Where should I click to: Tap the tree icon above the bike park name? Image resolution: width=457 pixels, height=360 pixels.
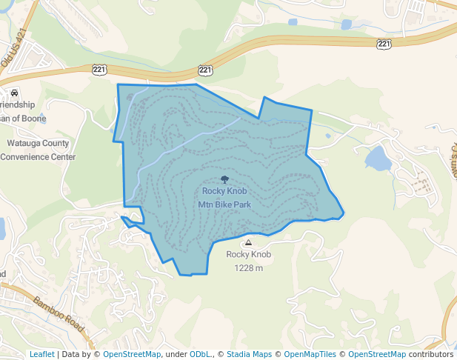click(224, 179)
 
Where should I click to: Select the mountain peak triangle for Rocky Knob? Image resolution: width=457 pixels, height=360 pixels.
click(248, 242)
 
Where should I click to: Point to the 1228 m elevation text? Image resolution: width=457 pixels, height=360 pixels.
click(249, 267)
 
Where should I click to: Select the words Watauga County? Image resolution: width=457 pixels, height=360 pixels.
click(38, 144)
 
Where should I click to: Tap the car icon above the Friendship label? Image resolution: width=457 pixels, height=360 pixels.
click(14, 93)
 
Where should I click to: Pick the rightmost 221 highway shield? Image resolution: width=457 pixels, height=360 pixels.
click(384, 44)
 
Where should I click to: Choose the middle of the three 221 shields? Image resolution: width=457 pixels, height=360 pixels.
click(206, 70)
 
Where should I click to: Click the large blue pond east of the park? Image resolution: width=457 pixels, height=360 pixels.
click(377, 158)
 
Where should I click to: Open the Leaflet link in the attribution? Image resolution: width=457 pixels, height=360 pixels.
click(41, 354)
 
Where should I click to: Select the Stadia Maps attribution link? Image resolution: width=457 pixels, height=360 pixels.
click(249, 354)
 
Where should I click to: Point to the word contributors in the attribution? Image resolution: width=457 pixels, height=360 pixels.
click(430, 354)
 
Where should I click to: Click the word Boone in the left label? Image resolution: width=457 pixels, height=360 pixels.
click(34, 119)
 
